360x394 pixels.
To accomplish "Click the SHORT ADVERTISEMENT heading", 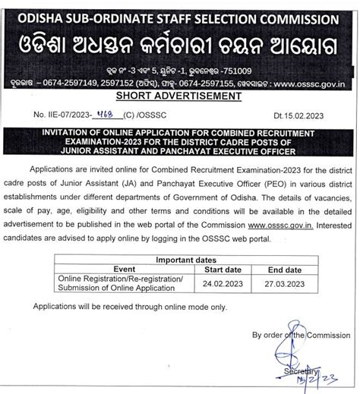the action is (180, 96).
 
